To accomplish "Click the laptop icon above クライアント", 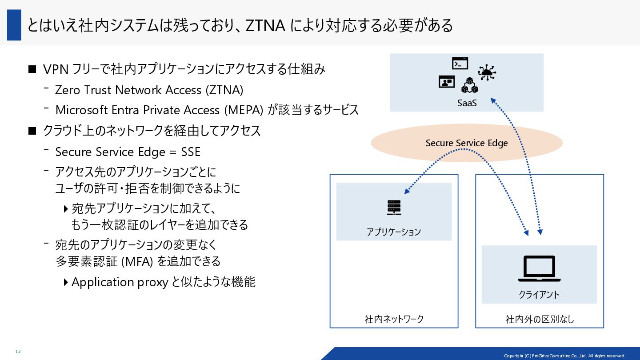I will pos(539,268).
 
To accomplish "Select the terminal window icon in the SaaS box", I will pos(460,64).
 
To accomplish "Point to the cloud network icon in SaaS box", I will pos(487,72).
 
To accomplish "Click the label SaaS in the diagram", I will pos(467,103).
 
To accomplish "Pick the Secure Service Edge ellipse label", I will pos(467,143).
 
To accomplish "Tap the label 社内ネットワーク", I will pos(394,319).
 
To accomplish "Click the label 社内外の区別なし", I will pos(540,319).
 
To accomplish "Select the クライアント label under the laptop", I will pos(539,294).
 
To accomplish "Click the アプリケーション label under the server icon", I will pos(394,232).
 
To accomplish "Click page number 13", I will pos(18,352).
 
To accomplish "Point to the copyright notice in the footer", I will pos(564,356).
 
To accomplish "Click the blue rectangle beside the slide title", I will pos(14,25).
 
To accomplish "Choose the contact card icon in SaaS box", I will pos(447,82).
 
